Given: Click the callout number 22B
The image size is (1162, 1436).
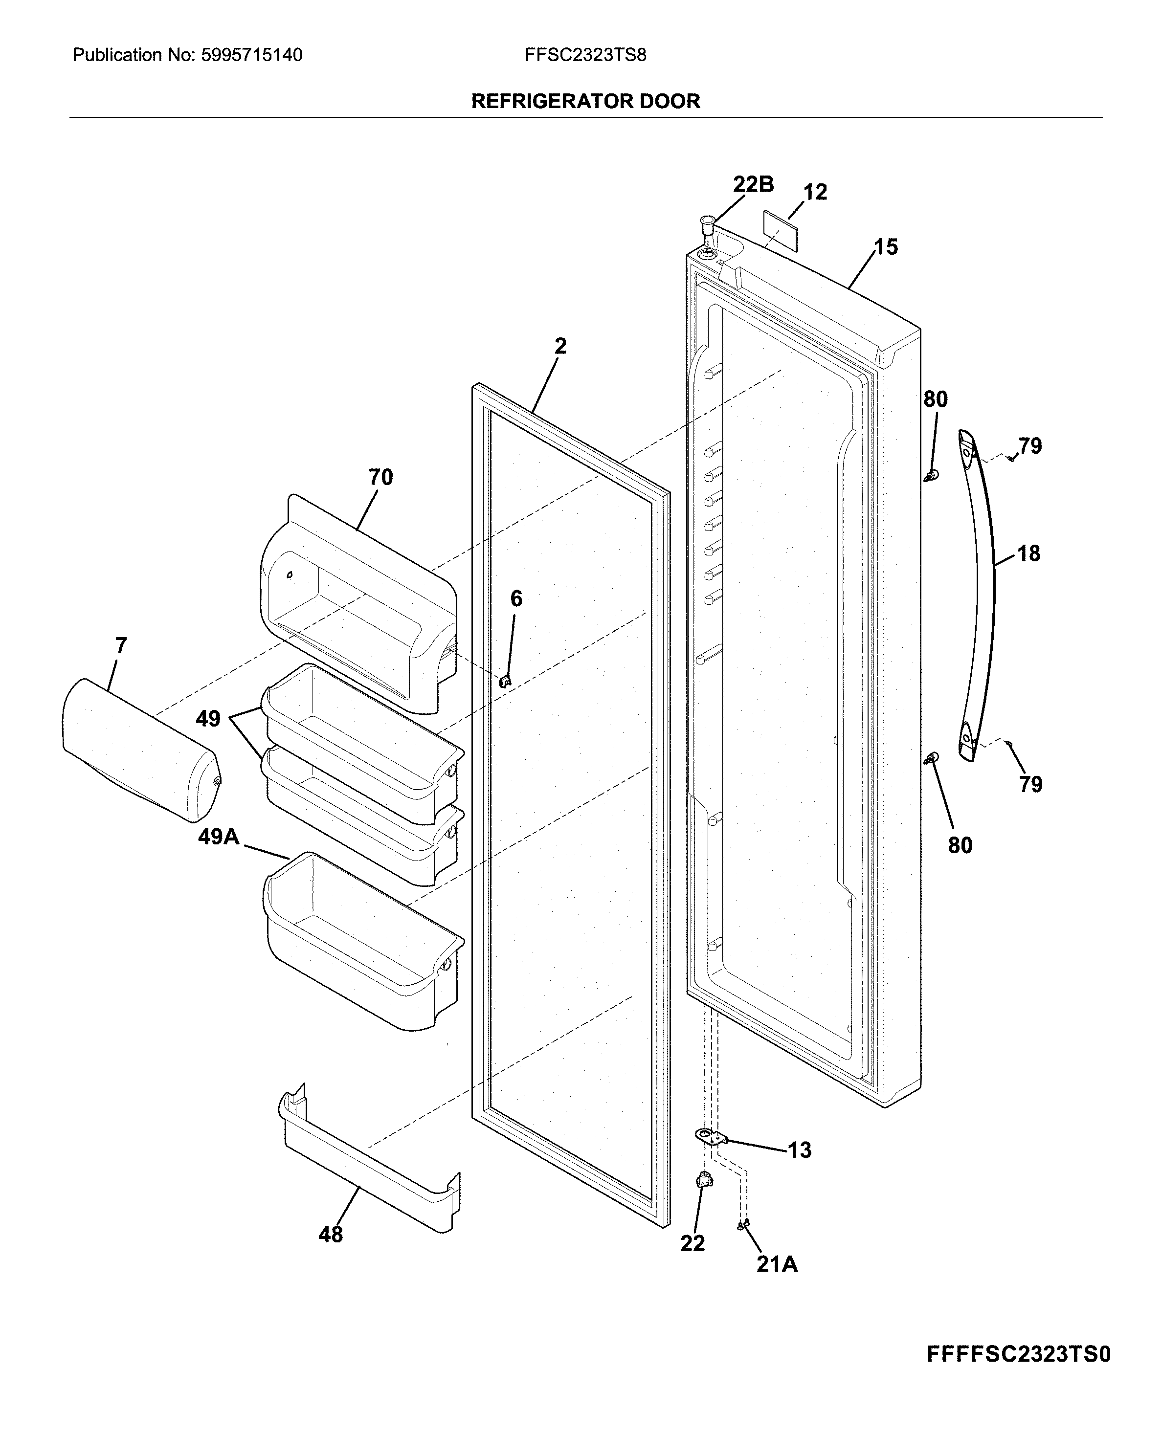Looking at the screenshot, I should pyautogui.click(x=753, y=184).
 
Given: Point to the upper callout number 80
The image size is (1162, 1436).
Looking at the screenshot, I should pyautogui.click(x=935, y=399).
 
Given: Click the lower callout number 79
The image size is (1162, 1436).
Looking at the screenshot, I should pyautogui.click(x=1031, y=784).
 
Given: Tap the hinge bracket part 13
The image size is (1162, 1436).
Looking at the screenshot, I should pyautogui.click(x=709, y=1136).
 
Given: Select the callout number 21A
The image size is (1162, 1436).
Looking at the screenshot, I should pyautogui.click(x=777, y=1264).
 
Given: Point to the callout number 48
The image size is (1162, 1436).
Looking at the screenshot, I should pyautogui.click(x=331, y=1235).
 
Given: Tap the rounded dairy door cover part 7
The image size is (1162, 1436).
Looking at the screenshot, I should pyautogui.click(x=137, y=750).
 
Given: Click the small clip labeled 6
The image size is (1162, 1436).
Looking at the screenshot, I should pyautogui.click(x=505, y=681).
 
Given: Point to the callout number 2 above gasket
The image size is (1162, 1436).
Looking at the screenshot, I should pyautogui.click(x=560, y=346).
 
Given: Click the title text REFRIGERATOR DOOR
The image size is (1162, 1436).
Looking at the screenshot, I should pyautogui.click(x=586, y=101).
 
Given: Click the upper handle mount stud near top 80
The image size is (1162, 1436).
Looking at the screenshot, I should pyautogui.click(x=930, y=476).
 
